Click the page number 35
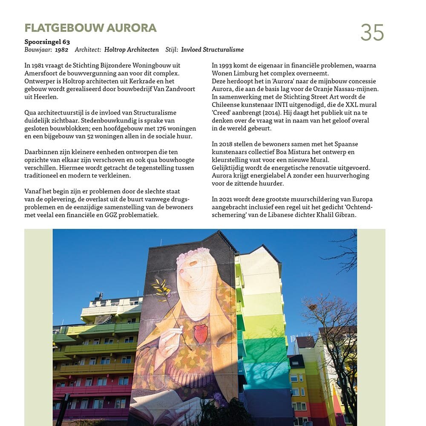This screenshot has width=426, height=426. (372, 32)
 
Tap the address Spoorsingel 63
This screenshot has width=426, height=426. (47, 42)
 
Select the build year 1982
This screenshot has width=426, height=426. (61, 50)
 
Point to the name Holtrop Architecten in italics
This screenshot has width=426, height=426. (131, 50)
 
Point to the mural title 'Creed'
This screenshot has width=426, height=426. (222, 113)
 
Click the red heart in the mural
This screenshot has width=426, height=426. (201, 334)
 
